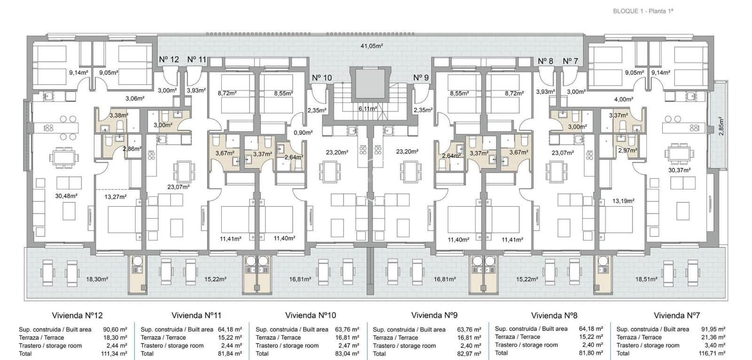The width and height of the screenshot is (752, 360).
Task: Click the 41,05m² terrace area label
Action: point(371,46)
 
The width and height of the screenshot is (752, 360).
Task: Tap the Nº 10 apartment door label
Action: point(321,78)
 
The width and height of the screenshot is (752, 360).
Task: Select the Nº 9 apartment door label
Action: point(421,78)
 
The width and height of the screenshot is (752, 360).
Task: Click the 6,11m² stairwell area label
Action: point(367,109)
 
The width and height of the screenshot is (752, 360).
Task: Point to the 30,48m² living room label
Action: point(66,196)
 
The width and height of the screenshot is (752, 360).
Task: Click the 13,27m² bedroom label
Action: point(115,196)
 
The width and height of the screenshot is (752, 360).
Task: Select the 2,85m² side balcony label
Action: point(721,126)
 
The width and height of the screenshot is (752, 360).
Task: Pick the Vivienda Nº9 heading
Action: point(434,315)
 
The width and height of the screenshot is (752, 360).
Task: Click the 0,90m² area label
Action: point(303,133)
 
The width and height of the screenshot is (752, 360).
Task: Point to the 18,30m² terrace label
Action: point(97,279)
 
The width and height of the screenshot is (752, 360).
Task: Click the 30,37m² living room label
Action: point(680,170)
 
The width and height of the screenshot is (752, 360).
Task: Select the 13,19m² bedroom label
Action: point(623,201)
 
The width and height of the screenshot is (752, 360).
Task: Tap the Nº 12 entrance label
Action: point(169,59)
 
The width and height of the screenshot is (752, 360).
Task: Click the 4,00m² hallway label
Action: point(624,99)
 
